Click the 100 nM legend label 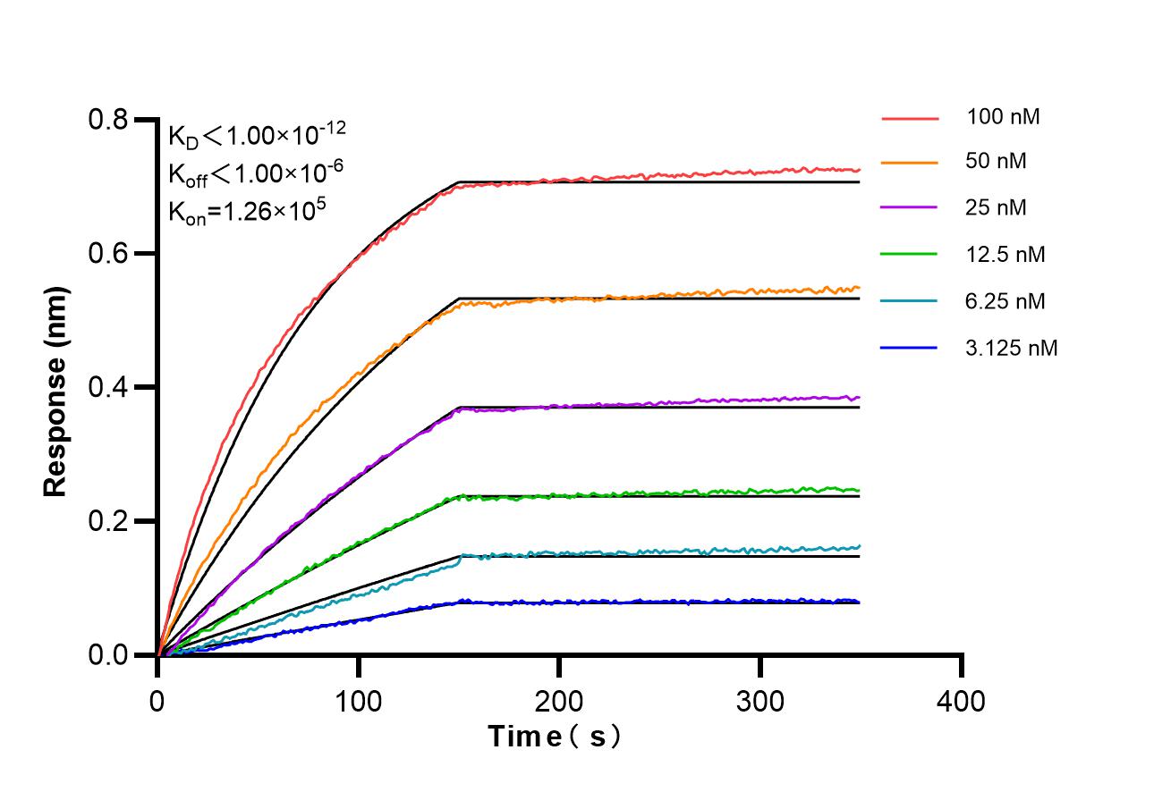pos(1003,116)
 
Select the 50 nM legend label pos(997,162)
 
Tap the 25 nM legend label pos(997,208)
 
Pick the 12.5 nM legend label pos(1006,255)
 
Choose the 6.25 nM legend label pos(1006,301)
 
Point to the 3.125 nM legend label pos(1012,348)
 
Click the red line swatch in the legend pos(910,117)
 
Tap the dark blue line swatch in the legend pos(910,348)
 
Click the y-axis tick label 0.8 pos(109,120)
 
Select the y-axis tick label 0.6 pos(109,254)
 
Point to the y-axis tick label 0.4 pos(109,388)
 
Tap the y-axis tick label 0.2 pos(109,522)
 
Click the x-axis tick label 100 pos(359,701)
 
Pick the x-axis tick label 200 pos(559,701)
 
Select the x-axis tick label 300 pos(760,701)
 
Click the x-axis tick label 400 pos(962,701)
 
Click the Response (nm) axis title pos(55,392)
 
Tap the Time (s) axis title pos(554,737)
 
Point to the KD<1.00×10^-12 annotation pos(257,135)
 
